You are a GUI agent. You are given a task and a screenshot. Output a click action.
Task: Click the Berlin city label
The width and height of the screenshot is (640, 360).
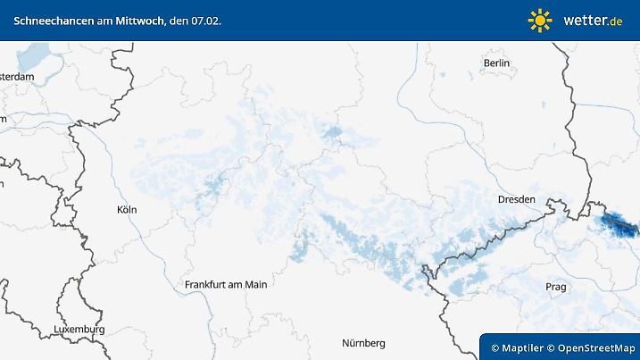point(496,63)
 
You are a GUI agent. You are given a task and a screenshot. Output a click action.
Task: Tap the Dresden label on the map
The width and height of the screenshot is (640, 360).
point(517,199)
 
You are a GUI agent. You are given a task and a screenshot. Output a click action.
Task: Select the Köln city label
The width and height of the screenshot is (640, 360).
point(127,210)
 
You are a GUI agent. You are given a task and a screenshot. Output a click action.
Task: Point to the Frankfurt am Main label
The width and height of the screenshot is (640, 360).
point(226,285)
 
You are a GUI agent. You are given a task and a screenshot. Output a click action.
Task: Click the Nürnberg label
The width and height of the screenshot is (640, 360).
point(363,343)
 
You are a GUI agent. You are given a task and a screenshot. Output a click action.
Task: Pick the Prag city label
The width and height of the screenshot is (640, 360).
point(555,287)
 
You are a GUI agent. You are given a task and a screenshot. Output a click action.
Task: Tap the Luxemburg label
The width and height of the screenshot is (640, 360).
point(79,330)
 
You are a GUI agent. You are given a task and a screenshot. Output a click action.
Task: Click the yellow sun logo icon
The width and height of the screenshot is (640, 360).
point(540,20)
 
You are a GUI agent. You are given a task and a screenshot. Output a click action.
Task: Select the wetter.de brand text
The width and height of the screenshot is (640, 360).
point(592,20)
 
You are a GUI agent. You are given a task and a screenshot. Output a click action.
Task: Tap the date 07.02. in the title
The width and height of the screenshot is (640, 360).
point(206,20)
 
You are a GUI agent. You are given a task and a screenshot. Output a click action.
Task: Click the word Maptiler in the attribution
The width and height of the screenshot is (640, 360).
point(523,347)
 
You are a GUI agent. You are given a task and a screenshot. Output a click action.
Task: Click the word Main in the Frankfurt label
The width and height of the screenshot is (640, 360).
point(254,285)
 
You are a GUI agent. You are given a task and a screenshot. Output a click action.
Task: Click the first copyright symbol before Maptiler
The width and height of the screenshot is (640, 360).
point(495,347)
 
